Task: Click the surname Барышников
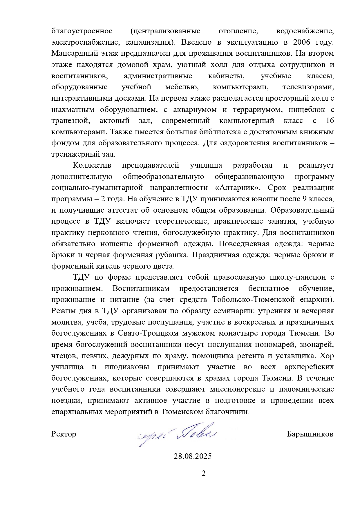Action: click(x=310, y=434)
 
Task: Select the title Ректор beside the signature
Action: click(x=64, y=434)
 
